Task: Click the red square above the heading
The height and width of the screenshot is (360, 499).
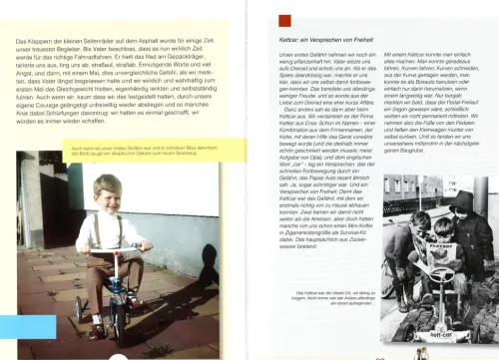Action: click(284, 19)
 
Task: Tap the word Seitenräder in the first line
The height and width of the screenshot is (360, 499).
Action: click(108, 39)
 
